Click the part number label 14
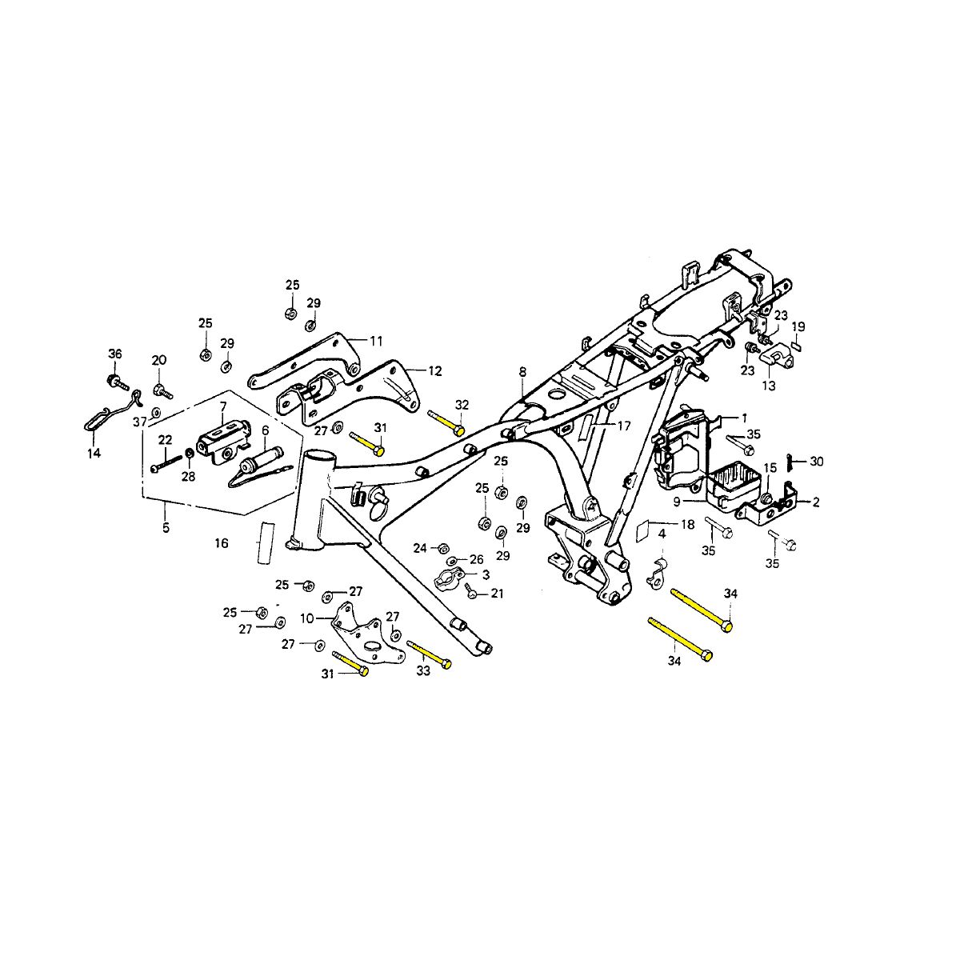(x=94, y=453)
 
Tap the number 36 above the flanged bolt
(x=114, y=354)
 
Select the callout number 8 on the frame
(x=522, y=372)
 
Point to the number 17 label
(x=624, y=426)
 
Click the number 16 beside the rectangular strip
(x=221, y=543)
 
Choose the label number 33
(x=423, y=671)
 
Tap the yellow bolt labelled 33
(x=429, y=654)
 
